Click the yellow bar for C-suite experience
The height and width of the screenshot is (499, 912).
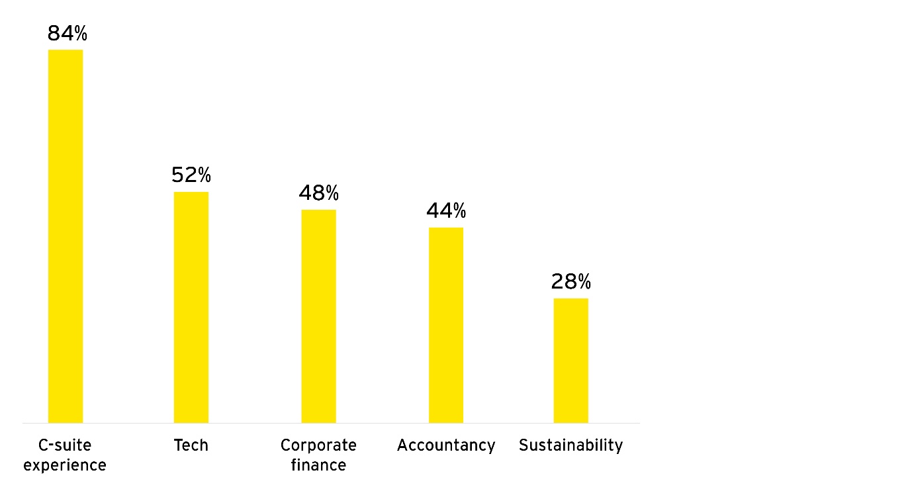tap(66, 236)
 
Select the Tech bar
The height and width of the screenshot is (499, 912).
tap(191, 307)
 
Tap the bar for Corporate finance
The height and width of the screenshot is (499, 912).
tap(318, 316)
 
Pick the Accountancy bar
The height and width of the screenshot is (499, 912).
tap(446, 325)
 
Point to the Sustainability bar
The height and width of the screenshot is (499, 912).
tap(570, 360)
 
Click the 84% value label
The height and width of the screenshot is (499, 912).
tap(68, 34)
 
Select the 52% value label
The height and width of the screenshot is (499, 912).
tap(191, 175)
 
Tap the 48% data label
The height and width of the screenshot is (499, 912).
tap(318, 193)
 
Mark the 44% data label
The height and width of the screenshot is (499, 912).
tap(446, 211)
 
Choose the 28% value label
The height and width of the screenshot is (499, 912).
tap(570, 282)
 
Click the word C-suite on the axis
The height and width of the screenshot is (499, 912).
tap(65, 445)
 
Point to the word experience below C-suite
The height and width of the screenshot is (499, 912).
tap(65, 465)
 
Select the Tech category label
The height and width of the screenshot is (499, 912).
tap(191, 445)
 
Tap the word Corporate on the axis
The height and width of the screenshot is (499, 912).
tap(318, 445)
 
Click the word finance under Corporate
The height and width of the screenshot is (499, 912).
tap(318, 465)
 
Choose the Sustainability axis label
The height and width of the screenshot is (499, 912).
tap(570, 445)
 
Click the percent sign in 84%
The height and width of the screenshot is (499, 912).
tap(80, 34)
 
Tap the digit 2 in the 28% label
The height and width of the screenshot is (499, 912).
tap(557, 282)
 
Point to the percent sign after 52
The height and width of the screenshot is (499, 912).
tap(204, 175)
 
